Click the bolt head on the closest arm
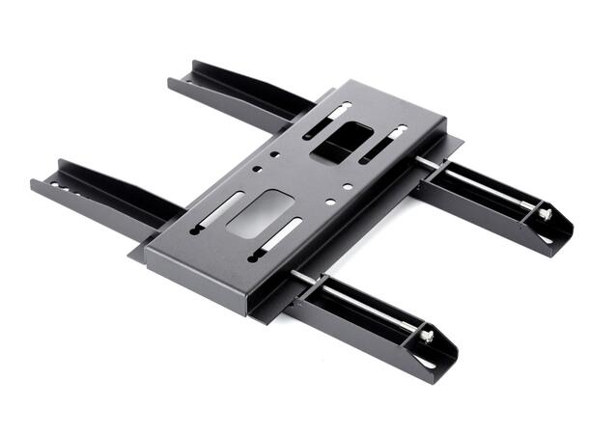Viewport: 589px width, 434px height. tap(426, 336)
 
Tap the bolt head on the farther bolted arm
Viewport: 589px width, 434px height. tap(544, 214)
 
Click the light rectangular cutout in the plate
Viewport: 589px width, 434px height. tap(260, 214)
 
